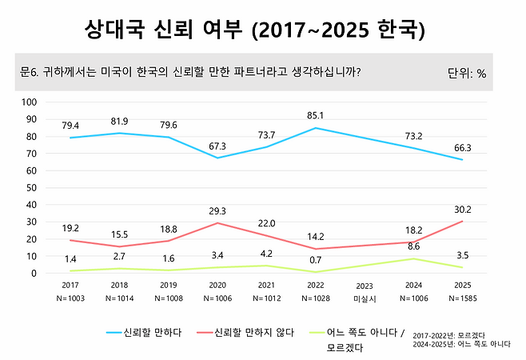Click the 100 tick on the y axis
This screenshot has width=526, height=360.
[30, 102]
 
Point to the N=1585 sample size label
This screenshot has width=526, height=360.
[462, 298]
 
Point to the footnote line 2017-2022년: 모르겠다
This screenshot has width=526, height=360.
[452, 334]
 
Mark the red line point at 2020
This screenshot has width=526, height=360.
[219, 223]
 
